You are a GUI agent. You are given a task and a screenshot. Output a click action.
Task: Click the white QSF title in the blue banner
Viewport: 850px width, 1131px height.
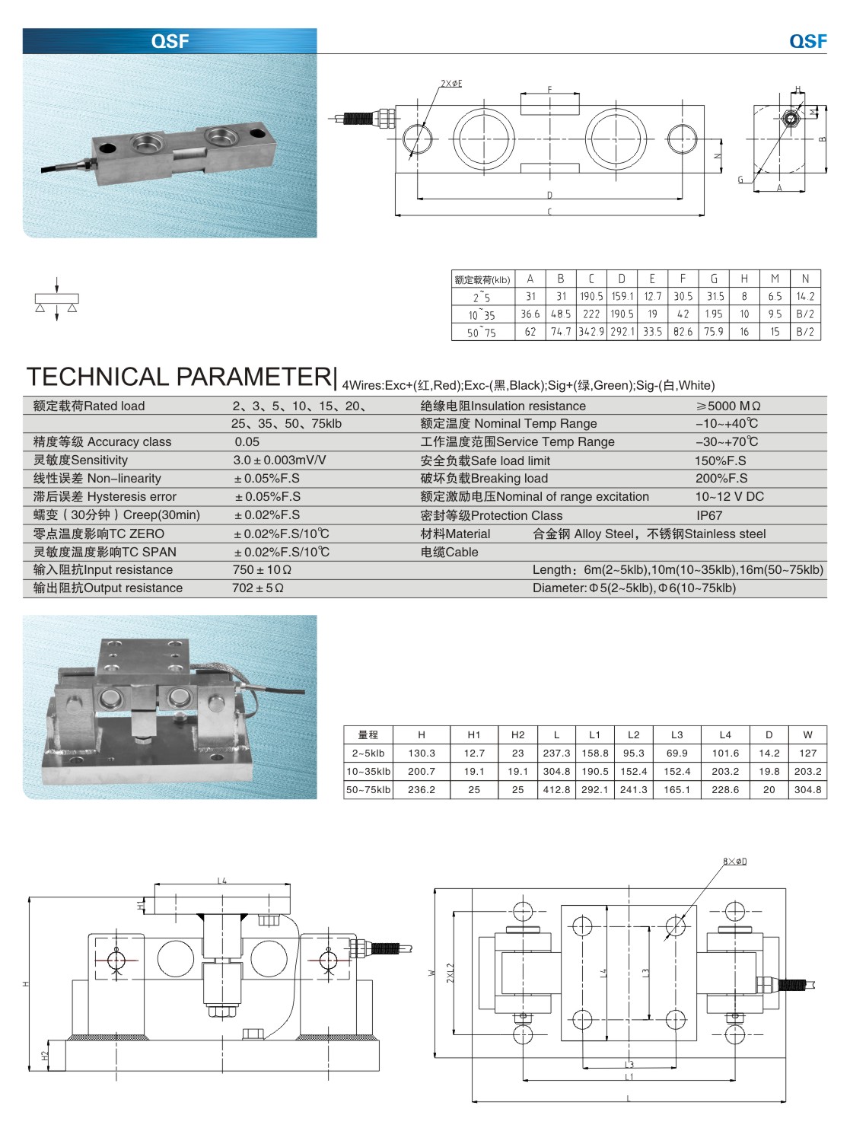(170, 41)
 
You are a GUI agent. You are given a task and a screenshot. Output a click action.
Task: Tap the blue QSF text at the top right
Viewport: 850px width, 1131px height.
(807, 41)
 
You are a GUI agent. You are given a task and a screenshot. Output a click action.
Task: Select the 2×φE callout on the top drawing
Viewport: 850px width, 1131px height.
(451, 84)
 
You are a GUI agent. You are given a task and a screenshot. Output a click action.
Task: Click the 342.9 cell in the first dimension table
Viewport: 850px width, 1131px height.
(591, 332)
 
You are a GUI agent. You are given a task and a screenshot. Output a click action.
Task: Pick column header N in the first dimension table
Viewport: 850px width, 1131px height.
(805, 279)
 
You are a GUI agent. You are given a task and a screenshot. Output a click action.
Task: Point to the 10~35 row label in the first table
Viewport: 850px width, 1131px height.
(482, 314)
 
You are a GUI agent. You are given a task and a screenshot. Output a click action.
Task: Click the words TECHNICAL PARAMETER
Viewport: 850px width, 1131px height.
(180, 377)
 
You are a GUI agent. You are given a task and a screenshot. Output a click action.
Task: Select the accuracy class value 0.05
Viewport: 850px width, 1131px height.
(247, 441)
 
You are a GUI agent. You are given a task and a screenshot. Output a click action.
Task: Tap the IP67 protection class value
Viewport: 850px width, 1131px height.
(709, 515)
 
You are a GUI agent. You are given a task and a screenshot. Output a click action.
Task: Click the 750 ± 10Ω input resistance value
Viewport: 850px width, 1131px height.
(263, 569)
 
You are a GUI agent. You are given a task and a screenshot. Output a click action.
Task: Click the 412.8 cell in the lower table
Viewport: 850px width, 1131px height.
(556, 790)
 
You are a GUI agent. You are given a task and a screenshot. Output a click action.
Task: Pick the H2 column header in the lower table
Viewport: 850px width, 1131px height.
(518, 734)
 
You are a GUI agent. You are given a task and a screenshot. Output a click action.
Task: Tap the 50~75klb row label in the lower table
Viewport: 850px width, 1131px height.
(368, 790)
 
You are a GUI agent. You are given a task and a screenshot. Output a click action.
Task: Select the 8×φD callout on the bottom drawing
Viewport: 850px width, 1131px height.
(734, 862)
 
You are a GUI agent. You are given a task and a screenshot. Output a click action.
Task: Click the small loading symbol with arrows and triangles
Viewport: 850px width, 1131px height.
(57, 300)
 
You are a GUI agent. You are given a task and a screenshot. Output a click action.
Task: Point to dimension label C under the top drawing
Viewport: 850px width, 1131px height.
(549, 212)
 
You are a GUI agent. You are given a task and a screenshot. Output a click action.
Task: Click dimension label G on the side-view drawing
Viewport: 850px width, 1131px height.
(740, 180)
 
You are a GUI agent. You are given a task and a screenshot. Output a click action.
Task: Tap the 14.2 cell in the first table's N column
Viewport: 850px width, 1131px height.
(805, 296)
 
